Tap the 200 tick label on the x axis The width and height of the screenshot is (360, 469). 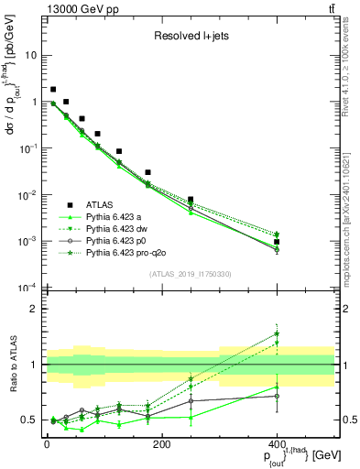162,444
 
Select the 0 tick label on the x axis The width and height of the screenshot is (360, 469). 47,444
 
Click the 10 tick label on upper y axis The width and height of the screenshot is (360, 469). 29,55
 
